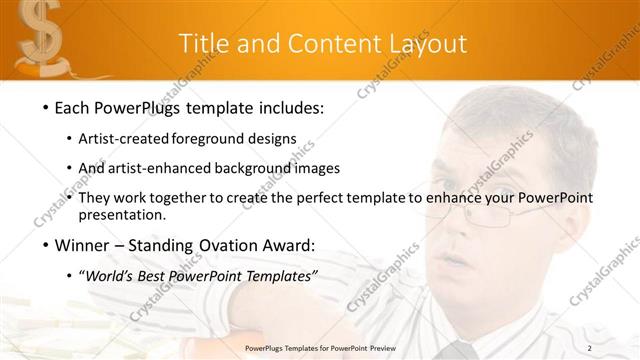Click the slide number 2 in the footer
click(x=618, y=348)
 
